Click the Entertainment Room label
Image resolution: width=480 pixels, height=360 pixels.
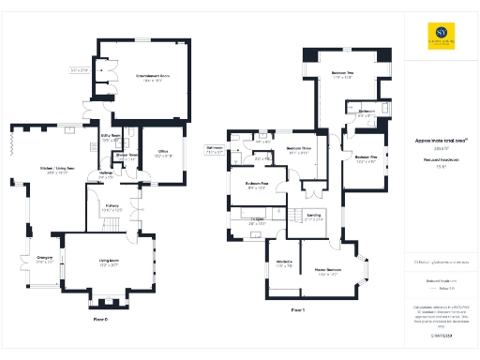point(152,76)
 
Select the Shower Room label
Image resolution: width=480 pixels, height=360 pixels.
point(127,156)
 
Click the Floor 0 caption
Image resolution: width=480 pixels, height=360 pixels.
point(101,320)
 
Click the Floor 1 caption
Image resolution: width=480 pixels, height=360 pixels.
point(298,308)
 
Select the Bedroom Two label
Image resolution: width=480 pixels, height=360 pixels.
point(342,74)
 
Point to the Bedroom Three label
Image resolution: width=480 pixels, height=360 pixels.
point(299,149)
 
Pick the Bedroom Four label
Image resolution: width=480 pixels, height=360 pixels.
point(257,184)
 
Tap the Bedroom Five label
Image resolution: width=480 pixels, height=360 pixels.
point(366,157)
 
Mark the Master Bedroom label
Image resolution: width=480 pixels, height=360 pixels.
point(333,272)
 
